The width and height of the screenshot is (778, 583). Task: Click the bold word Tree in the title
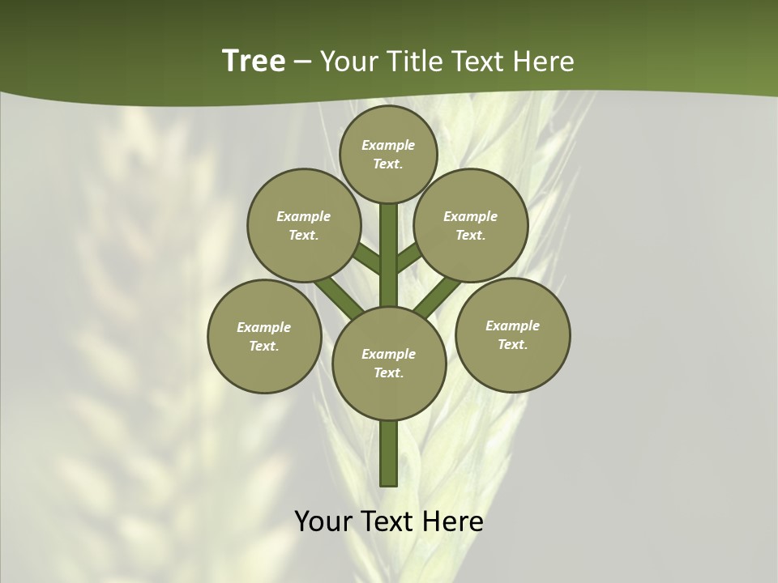[254, 62]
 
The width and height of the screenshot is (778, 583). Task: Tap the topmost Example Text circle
[388, 155]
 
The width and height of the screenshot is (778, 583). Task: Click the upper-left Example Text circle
[304, 225]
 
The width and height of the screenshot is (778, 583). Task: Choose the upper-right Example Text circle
[471, 225]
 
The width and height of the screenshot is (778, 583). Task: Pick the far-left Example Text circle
[264, 336]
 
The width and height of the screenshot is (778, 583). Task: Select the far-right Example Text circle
[513, 334]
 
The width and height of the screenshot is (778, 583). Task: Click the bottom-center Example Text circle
[389, 363]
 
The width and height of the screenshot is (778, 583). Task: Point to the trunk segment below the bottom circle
[389, 453]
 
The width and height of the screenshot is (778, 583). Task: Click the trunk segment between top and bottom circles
[389, 255]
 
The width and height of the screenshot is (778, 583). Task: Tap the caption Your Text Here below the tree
[389, 521]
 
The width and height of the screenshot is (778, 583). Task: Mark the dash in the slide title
[303, 62]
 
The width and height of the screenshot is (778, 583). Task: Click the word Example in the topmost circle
[388, 146]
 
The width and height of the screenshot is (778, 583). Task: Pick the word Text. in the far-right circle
[513, 344]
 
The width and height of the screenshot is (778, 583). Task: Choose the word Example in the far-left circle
[264, 327]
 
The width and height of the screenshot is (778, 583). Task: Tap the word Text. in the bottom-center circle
[389, 372]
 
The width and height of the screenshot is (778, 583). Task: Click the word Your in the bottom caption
[324, 521]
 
